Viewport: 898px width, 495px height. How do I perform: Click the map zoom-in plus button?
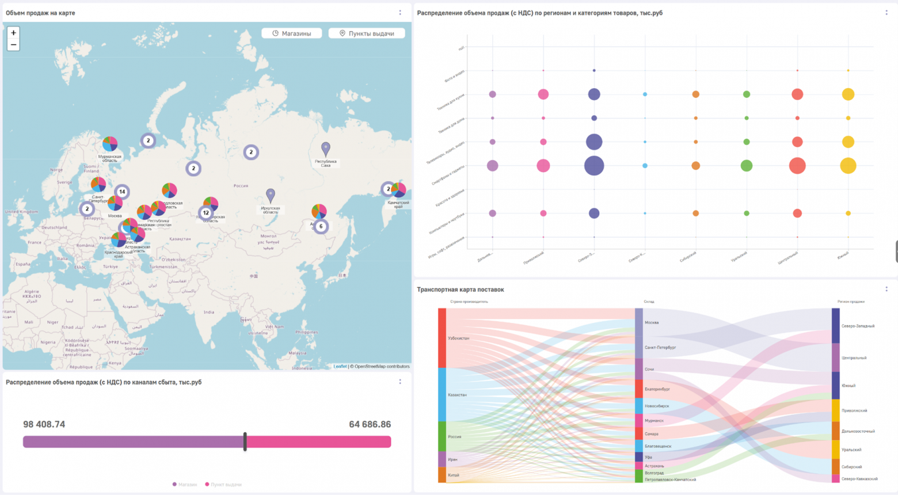tap(13, 33)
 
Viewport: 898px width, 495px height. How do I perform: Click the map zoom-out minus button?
tap(13, 45)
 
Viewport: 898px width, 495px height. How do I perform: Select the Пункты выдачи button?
tap(367, 33)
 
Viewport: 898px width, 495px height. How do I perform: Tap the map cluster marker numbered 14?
tap(122, 192)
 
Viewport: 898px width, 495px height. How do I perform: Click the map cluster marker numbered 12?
tap(206, 213)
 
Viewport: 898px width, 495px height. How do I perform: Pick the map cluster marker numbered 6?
tap(321, 226)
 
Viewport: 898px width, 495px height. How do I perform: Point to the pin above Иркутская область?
tap(271, 195)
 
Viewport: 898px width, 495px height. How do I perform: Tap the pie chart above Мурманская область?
tap(110, 143)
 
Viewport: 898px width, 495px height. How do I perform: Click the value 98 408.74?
tap(44, 424)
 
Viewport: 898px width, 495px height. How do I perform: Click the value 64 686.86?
tap(370, 424)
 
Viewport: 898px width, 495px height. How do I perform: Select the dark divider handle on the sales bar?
tap(245, 441)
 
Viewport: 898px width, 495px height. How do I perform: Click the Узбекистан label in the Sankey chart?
tap(458, 338)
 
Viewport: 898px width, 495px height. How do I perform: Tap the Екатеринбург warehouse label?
tap(657, 389)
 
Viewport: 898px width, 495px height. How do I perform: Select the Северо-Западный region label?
tap(857, 326)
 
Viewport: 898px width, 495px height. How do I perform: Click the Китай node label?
tap(454, 475)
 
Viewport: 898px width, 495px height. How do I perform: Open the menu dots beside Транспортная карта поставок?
tap(886, 289)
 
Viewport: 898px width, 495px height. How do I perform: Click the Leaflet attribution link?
tap(340, 366)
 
